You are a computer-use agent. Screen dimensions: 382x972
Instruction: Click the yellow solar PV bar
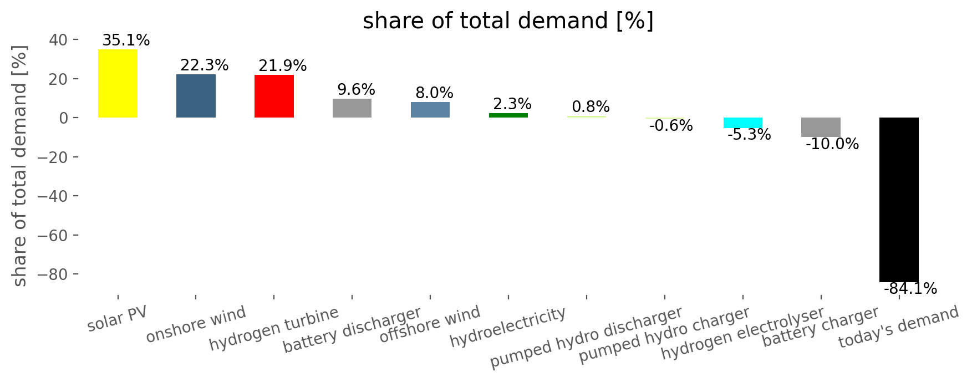118,83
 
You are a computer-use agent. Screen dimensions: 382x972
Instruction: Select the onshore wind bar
196,95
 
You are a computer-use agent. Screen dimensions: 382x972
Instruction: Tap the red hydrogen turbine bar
274,96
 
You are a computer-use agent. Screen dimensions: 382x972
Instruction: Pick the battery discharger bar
352,108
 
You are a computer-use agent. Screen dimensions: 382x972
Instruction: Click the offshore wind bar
430,110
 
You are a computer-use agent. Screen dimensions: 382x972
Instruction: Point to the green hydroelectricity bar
508,115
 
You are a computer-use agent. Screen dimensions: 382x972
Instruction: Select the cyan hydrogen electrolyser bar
743,123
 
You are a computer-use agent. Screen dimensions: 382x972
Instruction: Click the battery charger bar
821,127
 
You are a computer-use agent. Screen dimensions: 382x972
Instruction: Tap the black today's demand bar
899,200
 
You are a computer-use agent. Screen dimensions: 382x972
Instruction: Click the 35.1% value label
126,40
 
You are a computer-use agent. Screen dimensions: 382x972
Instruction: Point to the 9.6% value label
356,90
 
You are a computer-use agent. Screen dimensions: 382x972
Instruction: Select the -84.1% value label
910,289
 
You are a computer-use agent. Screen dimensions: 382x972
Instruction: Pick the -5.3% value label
749,135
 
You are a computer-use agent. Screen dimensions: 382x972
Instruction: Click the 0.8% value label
591,106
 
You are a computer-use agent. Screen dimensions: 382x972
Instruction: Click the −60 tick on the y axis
53,236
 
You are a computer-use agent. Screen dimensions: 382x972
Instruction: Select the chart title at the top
508,21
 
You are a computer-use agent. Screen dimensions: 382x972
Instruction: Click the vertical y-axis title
20,166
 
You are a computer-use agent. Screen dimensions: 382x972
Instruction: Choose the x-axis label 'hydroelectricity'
508,327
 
